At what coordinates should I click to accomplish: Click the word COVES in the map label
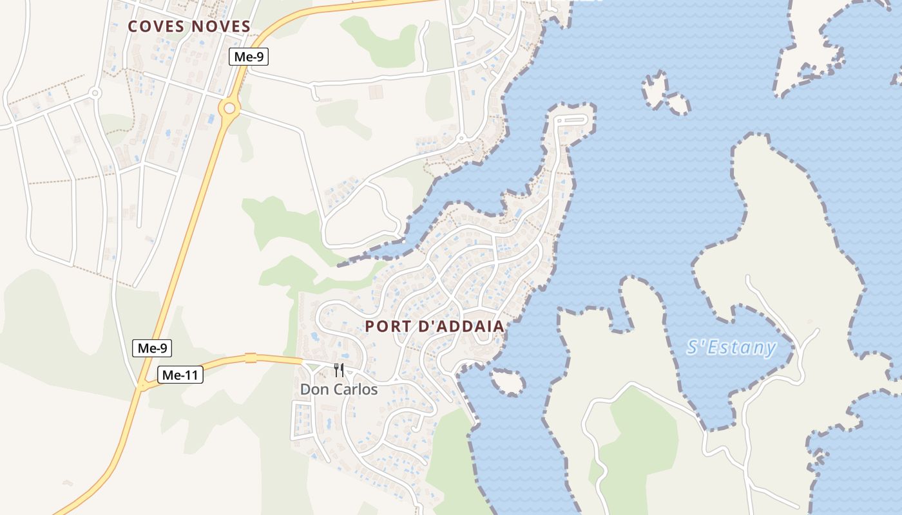point(156,26)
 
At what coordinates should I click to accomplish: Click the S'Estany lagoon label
point(731,348)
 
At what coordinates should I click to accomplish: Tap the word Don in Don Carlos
point(312,389)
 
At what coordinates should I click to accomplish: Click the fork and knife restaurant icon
point(339,370)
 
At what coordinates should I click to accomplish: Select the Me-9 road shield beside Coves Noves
point(249,57)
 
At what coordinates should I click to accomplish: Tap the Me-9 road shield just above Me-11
point(152,348)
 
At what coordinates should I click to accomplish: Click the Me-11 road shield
point(180,375)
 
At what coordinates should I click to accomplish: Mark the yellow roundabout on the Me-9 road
point(229,108)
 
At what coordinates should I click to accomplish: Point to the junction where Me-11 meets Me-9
point(142,386)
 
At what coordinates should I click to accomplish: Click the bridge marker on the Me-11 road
point(251,358)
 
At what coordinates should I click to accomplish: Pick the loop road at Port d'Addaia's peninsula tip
point(572,120)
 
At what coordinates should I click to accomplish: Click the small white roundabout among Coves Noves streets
point(95,93)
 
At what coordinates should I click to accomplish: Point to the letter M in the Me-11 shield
point(168,375)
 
